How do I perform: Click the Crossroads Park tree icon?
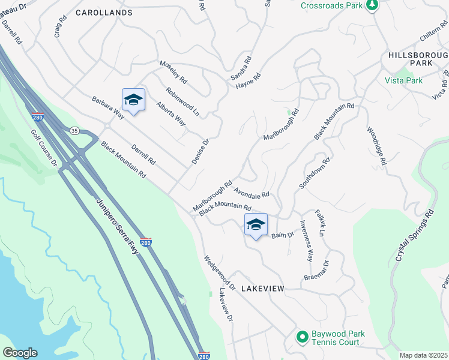[x=373, y=5]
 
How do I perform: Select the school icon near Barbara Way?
[x=133, y=100]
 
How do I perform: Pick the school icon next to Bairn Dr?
[x=256, y=225]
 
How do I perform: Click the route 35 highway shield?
[x=74, y=130]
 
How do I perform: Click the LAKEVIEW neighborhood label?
[x=262, y=289]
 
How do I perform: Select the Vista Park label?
[x=403, y=80]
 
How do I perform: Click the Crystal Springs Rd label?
[x=414, y=238]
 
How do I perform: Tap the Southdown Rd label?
[x=315, y=173]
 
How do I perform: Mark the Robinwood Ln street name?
[x=182, y=101]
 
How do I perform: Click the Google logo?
[x=20, y=353]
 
